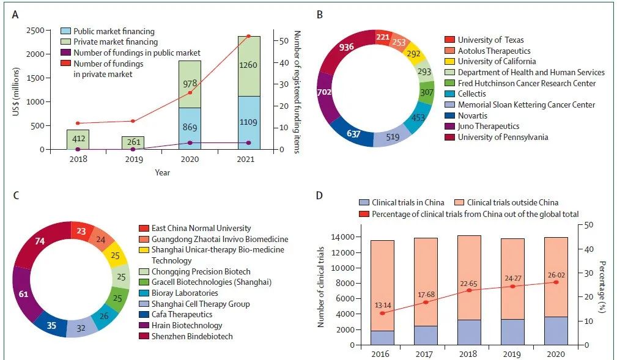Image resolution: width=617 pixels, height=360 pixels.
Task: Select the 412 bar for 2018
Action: pyautogui.click(x=78, y=139)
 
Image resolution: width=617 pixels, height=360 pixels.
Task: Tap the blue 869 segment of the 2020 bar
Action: pyautogui.click(x=190, y=128)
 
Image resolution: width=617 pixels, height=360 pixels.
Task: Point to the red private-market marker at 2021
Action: pyautogui.click(x=248, y=36)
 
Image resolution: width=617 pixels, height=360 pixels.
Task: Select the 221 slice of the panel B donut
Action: pyautogui.click(x=384, y=37)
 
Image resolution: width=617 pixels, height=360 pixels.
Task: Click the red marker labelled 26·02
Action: pyautogui.click(x=556, y=282)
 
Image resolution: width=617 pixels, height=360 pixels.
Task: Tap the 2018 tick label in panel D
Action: pyautogui.click(x=468, y=353)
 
